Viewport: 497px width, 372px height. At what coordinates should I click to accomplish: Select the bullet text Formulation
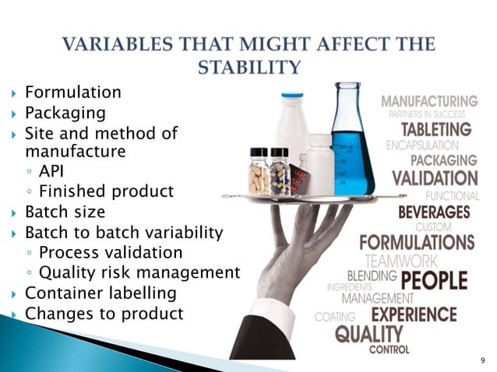click(73, 93)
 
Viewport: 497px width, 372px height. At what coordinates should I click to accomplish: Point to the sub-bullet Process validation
click(111, 252)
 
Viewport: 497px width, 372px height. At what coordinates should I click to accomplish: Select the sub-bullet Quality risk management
click(139, 272)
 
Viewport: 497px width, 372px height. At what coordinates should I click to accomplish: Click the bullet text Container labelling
click(100, 293)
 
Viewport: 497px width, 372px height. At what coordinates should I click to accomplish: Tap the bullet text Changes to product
click(104, 314)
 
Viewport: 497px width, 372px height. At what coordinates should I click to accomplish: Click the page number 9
click(482, 360)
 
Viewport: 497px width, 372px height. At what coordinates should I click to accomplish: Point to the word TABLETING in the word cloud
click(436, 128)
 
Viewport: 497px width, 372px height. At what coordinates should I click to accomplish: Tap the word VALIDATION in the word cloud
click(434, 177)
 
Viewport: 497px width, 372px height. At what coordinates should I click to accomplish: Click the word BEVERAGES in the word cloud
click(435, 211)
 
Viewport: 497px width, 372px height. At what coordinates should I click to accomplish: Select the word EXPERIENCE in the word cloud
click(425, 315)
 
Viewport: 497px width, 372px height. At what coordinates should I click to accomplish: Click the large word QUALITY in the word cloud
click(369, 335)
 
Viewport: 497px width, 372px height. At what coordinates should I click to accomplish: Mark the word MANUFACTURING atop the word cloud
click(429, 101)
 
